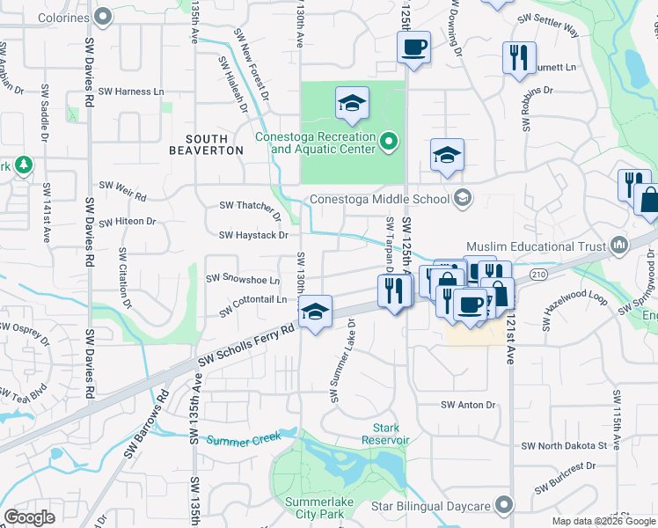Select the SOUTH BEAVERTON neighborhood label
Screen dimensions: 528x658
click(x=214, y=144)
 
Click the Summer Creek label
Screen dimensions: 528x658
click(x=244, y=437)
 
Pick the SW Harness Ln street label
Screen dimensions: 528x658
click(x=131, y=91)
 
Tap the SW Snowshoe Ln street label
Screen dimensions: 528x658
click(x=242, y=278)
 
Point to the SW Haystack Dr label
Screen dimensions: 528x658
click(x=254, y=235)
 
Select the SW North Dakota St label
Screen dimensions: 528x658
click(x=573, y=445)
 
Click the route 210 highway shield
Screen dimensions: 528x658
click(x=538, y=275)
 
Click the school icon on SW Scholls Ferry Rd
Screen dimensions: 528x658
click(x=315, y=311)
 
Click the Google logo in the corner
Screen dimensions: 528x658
click(x=29, y=517)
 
